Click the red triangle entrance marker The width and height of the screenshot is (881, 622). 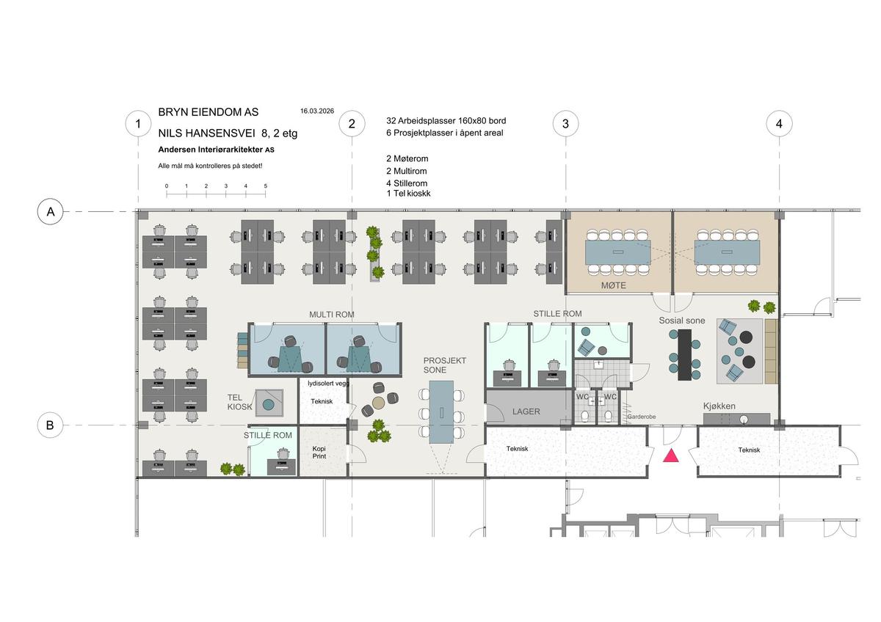tap(670, 455)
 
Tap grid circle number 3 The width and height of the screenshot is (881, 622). tap(565, 124)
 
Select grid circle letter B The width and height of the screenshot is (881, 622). tap(51, 425)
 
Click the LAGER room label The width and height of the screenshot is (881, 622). tap(526, 411)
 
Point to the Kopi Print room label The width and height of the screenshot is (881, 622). tap(319, 453)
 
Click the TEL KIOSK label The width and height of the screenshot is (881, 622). tap(239, 403)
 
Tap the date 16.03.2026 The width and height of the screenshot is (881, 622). tap(317, 111)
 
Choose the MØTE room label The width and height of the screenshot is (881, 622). tap(614, 285)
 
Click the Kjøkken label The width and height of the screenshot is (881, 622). tap(719, 406)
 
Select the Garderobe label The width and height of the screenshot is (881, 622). tap(642, 417)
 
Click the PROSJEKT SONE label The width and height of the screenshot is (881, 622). tap(444, 365)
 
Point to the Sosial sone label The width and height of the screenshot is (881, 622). tap(682, 321)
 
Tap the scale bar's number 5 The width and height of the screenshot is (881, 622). tap(266, 186)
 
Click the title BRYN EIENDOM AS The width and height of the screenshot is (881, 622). tap(209, 112)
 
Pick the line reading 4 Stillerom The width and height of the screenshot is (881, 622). tap(407, 183)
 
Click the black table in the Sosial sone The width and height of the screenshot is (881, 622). tap(684, 355)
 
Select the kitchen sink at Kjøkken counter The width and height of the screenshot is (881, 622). tap(743, 420)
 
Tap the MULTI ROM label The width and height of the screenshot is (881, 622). tap(332, 315)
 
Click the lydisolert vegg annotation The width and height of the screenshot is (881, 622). tap(328, 384)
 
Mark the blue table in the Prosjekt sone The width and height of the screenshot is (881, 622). tap(441, 412)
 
